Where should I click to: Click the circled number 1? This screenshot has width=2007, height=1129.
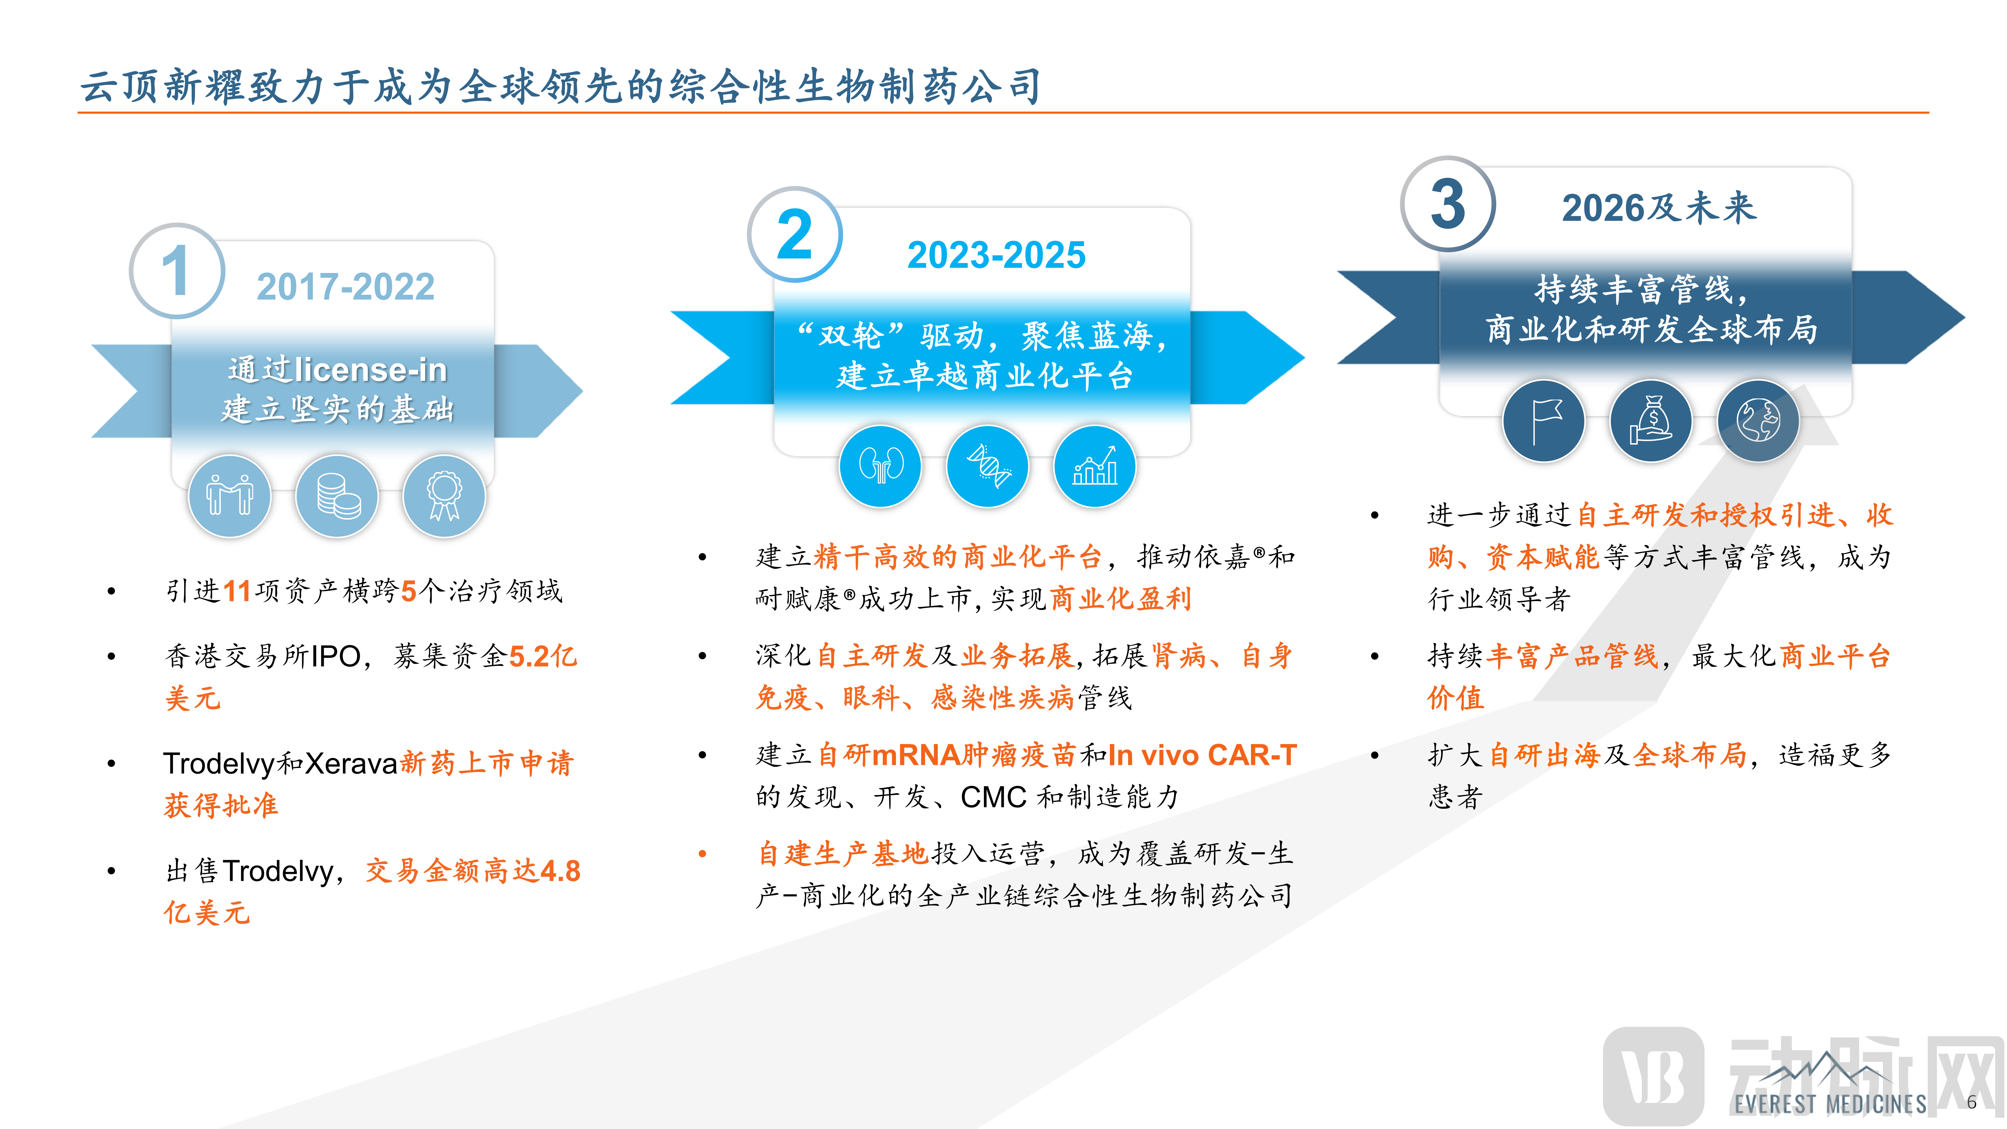click(x=177, y=271)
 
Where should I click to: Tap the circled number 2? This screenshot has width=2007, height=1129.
click(x=795, y=234)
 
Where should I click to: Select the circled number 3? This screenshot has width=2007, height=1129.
click(x=1447, y=204)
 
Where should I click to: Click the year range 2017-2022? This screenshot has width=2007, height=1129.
click(x=345, y=287)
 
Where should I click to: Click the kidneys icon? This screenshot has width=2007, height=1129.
click(x=880, y=466)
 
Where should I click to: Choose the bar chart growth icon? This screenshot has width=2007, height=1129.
click(x=1095, y=466)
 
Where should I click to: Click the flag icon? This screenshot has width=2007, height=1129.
click(x=1543, y=421)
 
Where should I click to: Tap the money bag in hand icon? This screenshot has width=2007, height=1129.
click(x=1651, y=421)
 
